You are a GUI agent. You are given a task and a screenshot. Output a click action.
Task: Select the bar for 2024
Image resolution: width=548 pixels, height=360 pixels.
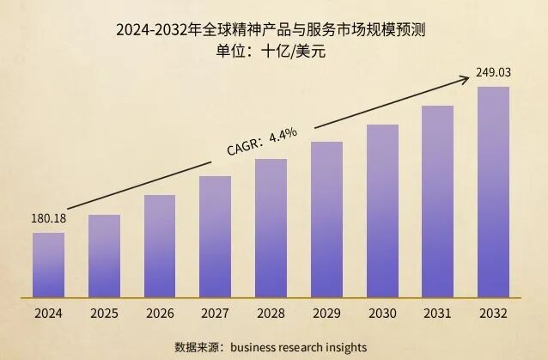coord(48,265)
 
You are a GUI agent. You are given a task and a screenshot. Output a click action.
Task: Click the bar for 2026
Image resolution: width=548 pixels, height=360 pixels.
coord(160,246)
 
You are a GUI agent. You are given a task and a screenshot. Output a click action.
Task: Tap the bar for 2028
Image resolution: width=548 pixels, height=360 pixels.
coord(271,228)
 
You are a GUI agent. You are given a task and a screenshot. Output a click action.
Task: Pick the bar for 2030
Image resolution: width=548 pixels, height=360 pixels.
coord(382,211)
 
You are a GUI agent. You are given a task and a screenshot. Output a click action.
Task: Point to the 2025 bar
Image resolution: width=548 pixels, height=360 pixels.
coord(104,255)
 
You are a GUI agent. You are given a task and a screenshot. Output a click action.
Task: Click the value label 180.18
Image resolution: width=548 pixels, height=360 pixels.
coord(49,218)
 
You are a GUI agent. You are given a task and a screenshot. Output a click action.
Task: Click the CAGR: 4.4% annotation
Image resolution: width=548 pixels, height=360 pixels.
coord(262,142)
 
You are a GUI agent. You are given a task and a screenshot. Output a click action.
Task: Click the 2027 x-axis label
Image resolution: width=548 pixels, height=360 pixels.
coord(215,314)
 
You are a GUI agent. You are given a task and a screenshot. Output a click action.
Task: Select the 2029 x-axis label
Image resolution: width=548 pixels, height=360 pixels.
coord(326,314)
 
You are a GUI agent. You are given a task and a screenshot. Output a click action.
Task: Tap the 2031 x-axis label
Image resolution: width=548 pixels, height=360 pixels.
coord(438,314)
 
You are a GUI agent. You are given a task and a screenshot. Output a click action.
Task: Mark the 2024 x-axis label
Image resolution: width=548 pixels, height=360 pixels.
coord(48,314)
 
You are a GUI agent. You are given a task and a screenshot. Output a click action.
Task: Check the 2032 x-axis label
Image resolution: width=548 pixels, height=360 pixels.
coord(493,314)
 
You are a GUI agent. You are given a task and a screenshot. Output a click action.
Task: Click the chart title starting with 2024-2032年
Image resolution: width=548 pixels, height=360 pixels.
coord(273,30)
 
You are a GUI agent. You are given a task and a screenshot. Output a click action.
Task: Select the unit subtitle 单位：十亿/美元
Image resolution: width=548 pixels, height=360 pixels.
coord(273,51)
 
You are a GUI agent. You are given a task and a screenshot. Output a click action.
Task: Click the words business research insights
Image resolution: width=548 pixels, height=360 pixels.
coord(305,347)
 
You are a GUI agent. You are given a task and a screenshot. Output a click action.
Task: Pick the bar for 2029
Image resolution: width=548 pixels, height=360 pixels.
coord(326,219)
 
